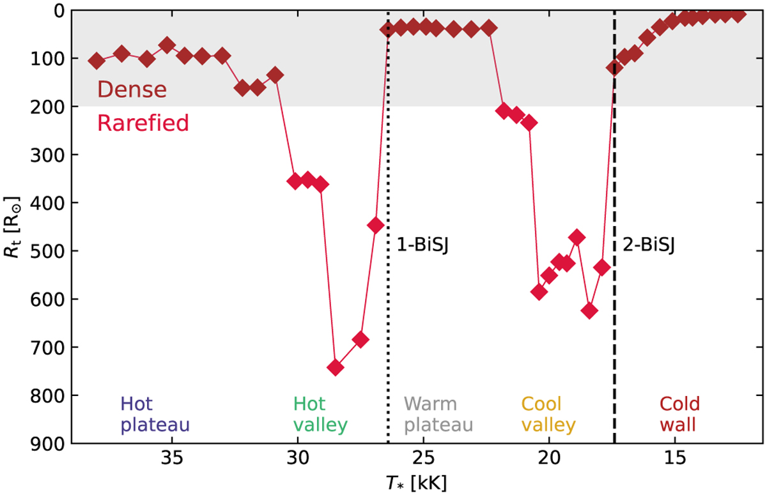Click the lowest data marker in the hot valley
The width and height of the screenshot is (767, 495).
pos(335,367)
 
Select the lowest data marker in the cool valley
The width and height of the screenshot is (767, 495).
pos(590,311)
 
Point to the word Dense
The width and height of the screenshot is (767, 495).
pos(132,90)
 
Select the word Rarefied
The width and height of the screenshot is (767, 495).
pos(143,123)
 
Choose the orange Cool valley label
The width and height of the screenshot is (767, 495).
pos(548,414)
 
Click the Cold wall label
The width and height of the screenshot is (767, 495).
pos(680,414)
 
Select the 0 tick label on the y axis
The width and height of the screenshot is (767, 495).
pos(59,11)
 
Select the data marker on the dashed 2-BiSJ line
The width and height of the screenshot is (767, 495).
pos(614,67)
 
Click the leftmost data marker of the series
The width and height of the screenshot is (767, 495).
pos(97,61)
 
